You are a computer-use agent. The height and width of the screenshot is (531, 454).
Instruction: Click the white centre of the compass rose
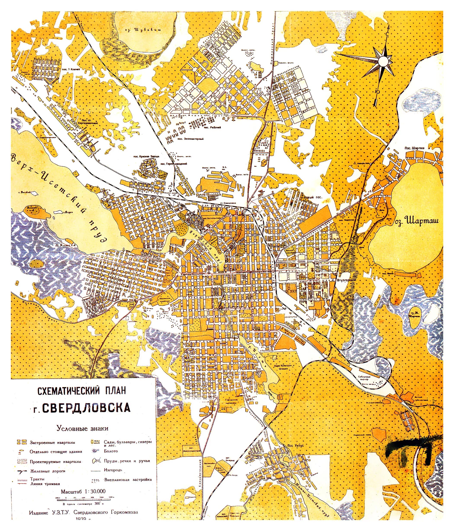[x=383, y=61]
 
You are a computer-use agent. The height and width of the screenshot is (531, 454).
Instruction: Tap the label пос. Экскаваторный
[x=190, y=139]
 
